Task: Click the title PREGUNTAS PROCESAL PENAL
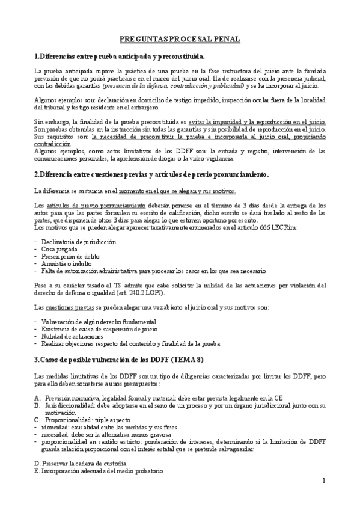click(x=180, y=39)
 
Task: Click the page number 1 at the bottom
click(x=323, y=481)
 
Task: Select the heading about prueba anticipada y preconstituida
click(x=120, y=56)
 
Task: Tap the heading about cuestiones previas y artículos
click(x=151, y=174)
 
